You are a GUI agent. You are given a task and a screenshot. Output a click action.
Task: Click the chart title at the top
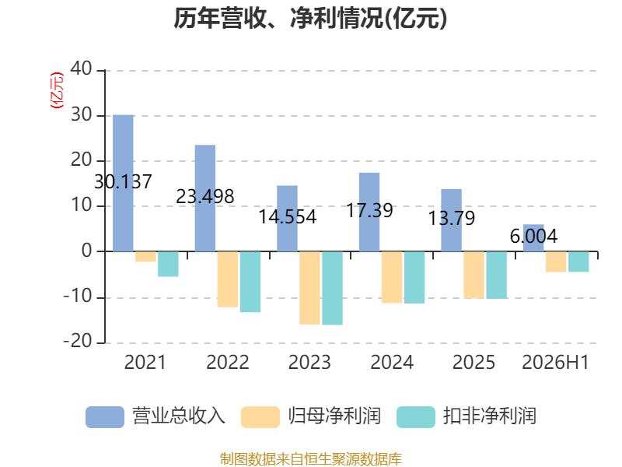(310, 18)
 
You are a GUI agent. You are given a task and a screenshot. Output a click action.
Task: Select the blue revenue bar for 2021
(123, 183)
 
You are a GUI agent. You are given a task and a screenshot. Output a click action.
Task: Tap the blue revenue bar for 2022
(205, 198)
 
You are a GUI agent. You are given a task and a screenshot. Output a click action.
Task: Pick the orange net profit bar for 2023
(309, 288)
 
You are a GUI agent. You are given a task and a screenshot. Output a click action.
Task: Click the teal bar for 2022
(250, 282)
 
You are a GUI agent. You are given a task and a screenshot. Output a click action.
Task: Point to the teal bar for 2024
(414, 277)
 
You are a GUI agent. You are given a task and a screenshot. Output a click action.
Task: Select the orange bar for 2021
(145, 257)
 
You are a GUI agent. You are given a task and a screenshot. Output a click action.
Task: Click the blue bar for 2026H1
(533, 238)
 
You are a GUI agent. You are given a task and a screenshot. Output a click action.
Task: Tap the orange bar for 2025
(474, 275)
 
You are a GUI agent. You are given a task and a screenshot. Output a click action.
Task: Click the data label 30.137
(123, 182)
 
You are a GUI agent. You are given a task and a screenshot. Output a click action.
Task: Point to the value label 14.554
(288, 217)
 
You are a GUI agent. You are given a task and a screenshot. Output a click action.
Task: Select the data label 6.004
(533, 237)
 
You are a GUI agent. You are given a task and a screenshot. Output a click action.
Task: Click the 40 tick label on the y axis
(82, 68)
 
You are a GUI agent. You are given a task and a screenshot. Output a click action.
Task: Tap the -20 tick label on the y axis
(78, 341)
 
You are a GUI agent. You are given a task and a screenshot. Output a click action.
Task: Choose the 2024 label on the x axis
(392, 362)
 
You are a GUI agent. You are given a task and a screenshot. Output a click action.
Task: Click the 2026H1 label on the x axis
(555, 362)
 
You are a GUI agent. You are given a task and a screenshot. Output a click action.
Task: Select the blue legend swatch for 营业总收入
(105, 417)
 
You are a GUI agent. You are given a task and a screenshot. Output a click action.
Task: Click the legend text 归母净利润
(334, 416)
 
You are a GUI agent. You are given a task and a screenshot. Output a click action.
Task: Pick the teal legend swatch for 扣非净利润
(416, 417)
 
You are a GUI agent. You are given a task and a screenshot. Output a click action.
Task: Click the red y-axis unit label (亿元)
(56, 90)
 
